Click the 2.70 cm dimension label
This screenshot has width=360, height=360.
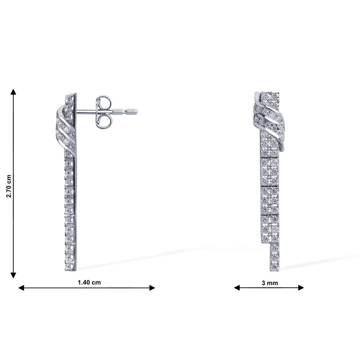point(9,186)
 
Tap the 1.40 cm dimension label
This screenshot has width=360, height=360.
point(89,282)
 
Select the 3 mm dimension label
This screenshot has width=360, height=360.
point(270,283)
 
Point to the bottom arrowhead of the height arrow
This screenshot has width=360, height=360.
point(14,275)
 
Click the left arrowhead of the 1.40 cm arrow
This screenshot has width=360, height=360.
point(21,288)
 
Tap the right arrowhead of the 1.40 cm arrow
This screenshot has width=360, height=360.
point(152,288)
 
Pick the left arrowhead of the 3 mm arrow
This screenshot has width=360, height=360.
point(237,288)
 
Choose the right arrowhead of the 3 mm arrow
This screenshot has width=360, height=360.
point(301,288)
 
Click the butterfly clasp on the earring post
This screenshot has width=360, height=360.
point(104,112)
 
